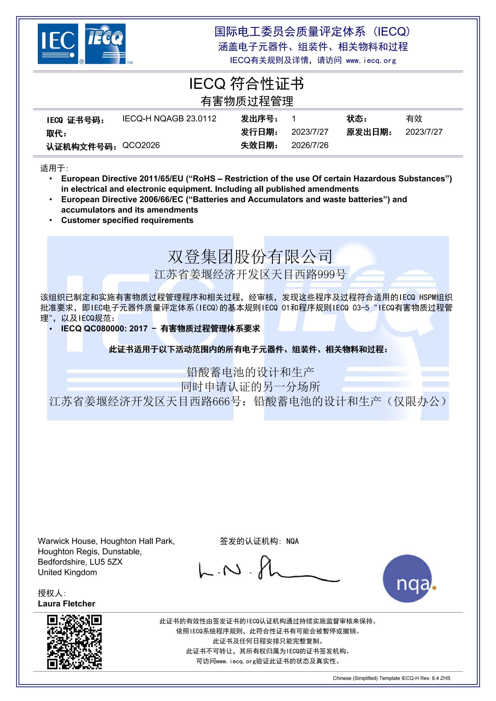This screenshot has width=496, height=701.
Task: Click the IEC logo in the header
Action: pos(58,44)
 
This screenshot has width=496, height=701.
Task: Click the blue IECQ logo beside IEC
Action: pos(105,44)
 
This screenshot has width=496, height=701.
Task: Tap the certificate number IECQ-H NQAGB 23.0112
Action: pos(169,118)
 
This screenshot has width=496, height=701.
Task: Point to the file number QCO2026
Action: pos(141,145)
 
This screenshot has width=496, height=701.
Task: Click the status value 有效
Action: pos(414,118)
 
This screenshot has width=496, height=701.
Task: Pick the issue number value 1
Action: pos(294,118)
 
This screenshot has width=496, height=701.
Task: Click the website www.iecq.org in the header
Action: pos(371,60)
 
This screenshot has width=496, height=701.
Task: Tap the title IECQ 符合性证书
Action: pos(246,84)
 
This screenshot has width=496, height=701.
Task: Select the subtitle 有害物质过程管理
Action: pos(247,101)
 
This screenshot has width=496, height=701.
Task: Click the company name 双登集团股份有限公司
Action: pos(250,256)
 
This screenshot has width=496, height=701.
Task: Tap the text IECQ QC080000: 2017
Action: pos(104,329)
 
